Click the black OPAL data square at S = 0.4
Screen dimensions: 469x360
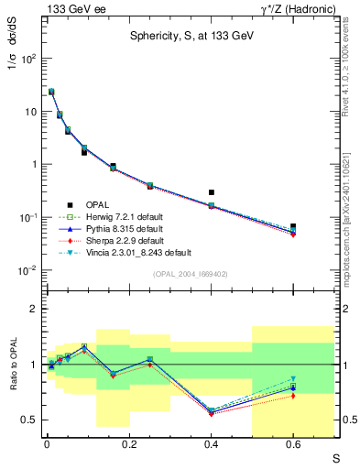tap(212, 192)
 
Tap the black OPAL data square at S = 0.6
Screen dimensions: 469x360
tap(293, 226)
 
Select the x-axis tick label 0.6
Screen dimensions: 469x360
tap(293, 446)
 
